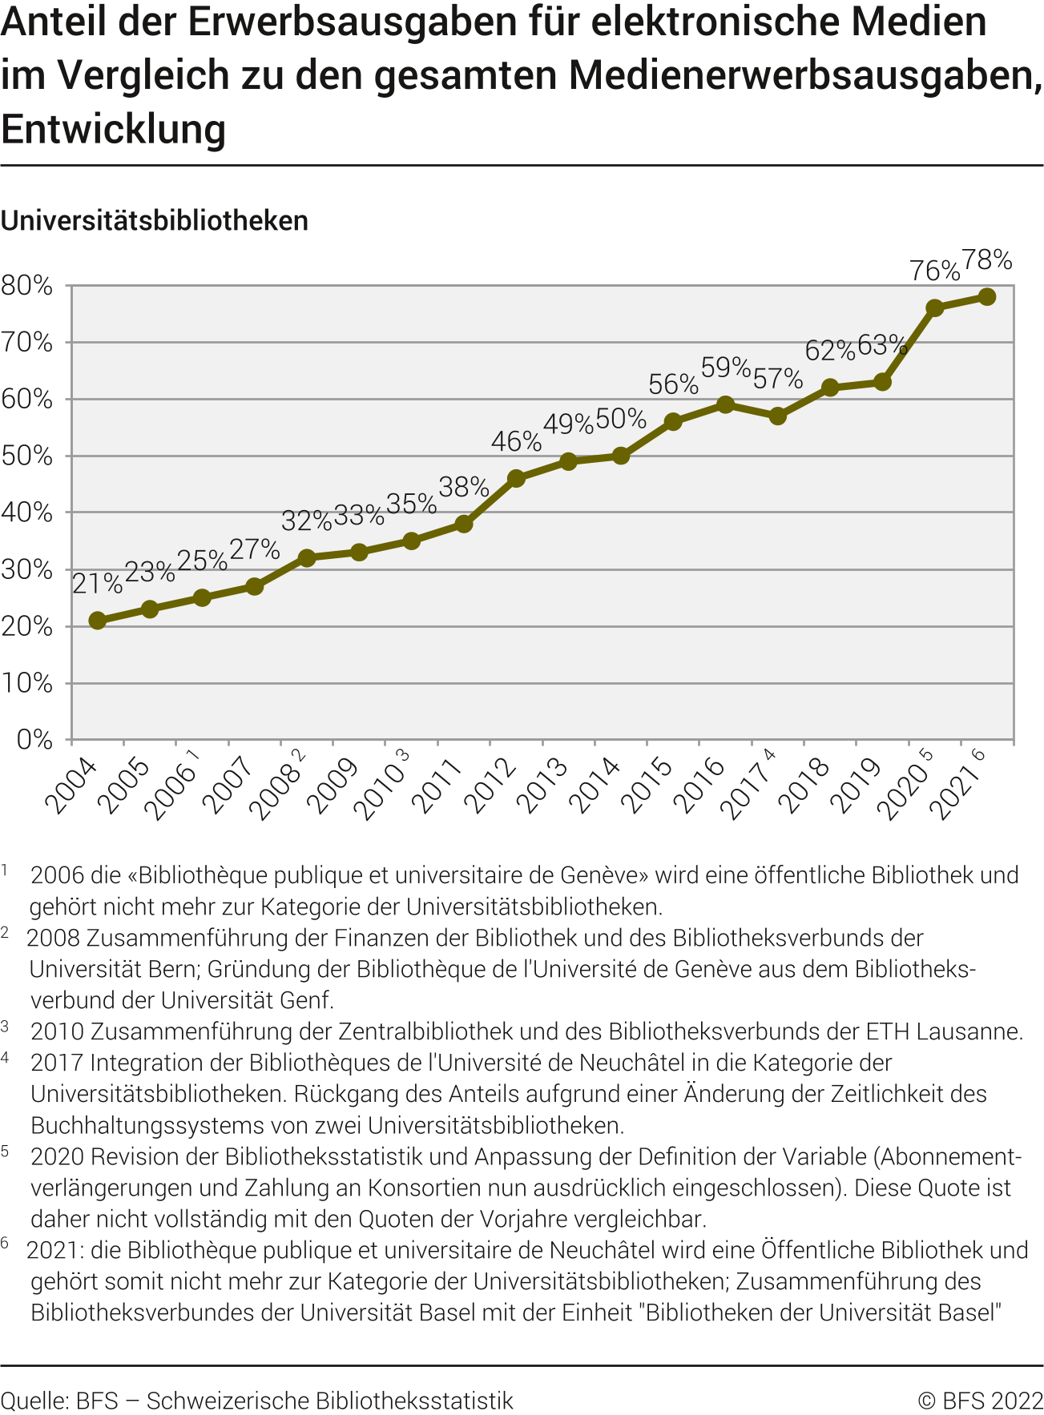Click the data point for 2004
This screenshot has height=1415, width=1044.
[97, 621]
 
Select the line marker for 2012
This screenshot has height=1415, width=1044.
[516, 479]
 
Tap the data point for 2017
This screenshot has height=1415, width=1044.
[777, 416]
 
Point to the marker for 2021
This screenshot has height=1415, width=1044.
[987, 297]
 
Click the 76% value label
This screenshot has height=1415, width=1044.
[934, 271]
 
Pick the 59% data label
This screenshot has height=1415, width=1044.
[725, 368]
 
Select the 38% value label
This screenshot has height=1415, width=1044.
[464, 486]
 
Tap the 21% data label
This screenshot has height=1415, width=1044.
[97, 584]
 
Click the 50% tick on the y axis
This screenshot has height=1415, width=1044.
[27, 456]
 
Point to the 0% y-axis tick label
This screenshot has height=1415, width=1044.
[35, 739]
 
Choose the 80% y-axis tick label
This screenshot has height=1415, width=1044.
[27, 286]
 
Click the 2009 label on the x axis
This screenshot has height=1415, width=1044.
[333, 786]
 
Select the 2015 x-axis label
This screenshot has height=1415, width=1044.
[647, 786]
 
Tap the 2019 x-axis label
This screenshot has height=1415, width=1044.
[856, 786]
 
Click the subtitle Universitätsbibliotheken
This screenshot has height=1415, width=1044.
[155, 221]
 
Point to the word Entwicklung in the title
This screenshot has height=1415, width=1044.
[114, 129]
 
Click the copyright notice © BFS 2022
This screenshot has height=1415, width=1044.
[980, 1401]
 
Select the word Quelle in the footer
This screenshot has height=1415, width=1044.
[33, 1401]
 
